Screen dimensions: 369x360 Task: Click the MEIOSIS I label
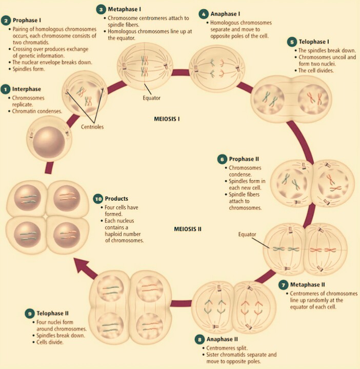[170, 118]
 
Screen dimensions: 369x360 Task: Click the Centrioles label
[91, 126]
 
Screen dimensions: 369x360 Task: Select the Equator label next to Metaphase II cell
[247, 235]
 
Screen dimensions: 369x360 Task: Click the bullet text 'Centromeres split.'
[225, 347]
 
